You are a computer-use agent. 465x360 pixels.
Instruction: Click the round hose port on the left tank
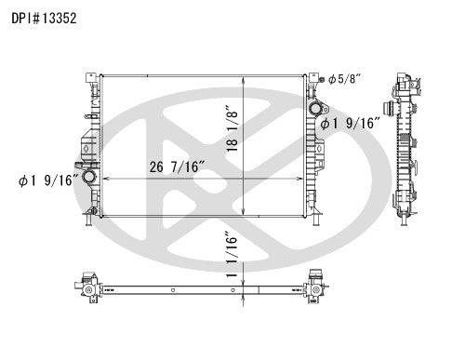tap(89, 177)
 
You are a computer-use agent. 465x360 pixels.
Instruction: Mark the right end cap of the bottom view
tap(317, 287)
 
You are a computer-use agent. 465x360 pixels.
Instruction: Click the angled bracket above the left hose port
tap(86, 146)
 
